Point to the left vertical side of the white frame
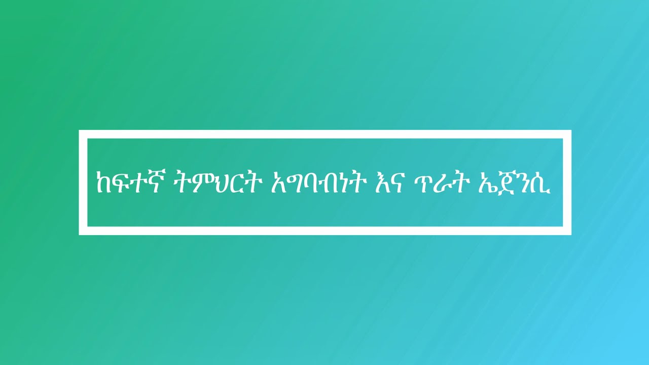83,182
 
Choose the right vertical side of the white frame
567,182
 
